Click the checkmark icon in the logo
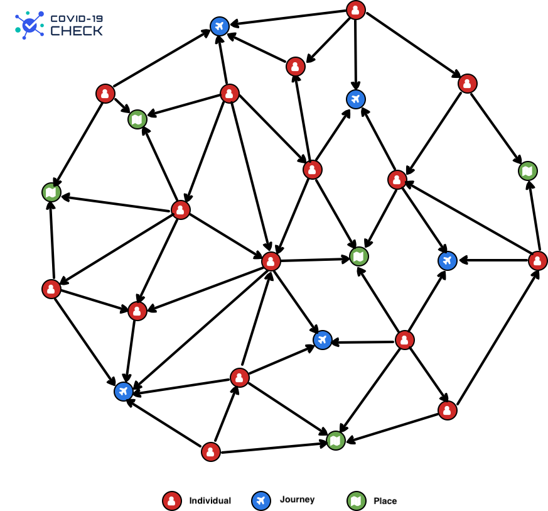tap(28, 25)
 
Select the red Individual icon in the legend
tap(171, 500)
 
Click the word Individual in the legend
tap(210, 501)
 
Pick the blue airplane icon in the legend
tap(260, 500)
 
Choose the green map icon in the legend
tap(356, 500)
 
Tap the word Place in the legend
tap(385, 501)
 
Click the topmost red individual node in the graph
tap(356, 10)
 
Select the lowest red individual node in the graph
tap(211, 451)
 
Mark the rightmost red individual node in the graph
tap(538, 260)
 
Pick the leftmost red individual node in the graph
tap(51, 289)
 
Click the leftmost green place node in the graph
tap(51, 192)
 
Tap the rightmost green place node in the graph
tap(528, 170)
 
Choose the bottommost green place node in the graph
tap(336, 441)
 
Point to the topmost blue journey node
tap(219, 26)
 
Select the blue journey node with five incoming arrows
tap(124, 392)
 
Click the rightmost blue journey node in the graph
tap(447, 260)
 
